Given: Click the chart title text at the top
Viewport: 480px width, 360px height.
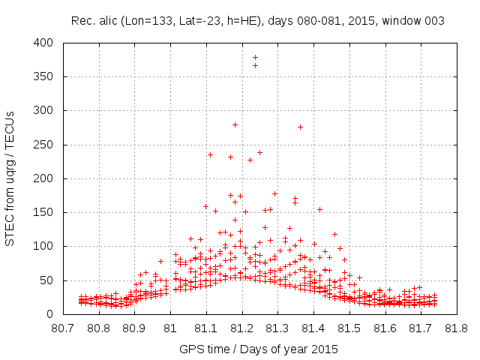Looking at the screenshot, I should [x=257, y=21].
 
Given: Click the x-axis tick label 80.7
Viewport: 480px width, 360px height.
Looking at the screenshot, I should [x=62, y=328].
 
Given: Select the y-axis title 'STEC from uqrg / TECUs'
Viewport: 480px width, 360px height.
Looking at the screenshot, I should [x=10, y=178].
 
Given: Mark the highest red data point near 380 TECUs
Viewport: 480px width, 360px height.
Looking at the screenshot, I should [x=255, y=57].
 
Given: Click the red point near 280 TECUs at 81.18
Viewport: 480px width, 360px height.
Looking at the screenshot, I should [x=235, y=124].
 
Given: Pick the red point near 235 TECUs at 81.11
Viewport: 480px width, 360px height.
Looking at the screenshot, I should [x=210, y=154].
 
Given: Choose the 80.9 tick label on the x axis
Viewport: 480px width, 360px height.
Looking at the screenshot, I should [x=134, y=328].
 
